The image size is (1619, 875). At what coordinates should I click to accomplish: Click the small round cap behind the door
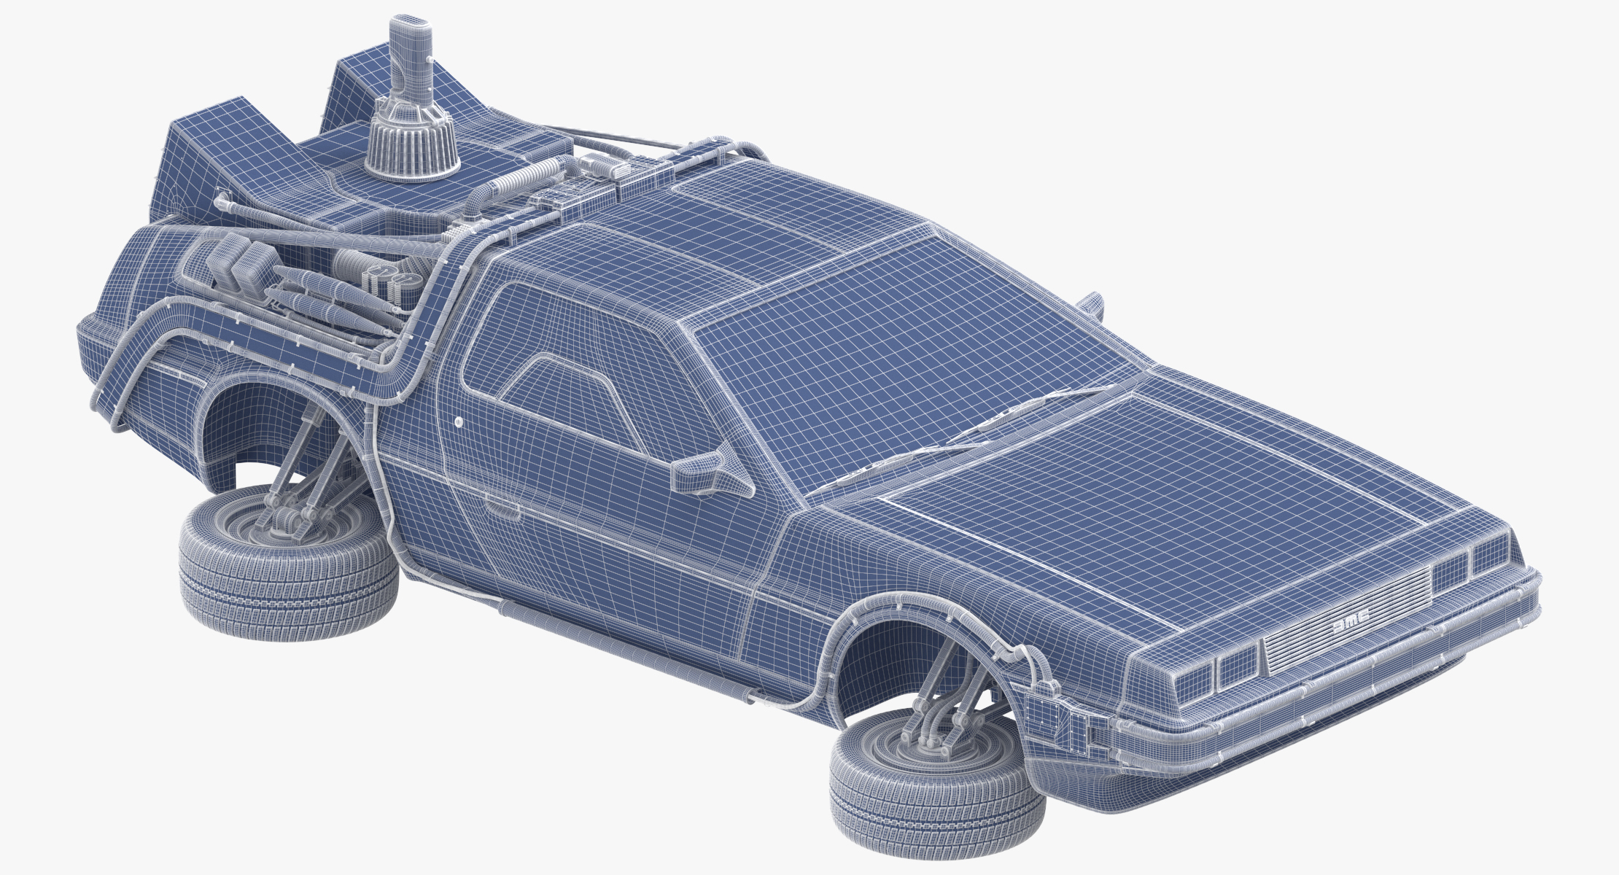pos(459,421)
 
